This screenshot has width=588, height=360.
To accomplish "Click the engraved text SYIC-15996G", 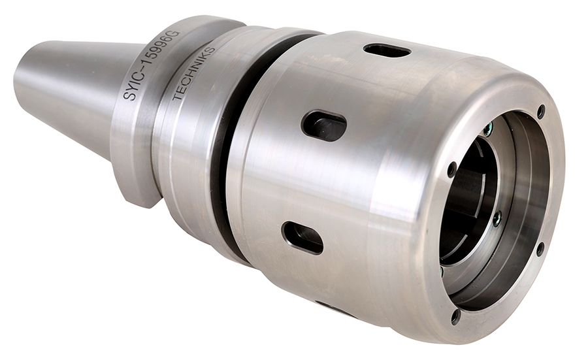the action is click(152, 65).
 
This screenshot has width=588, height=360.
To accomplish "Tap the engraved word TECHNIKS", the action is click(193, 74).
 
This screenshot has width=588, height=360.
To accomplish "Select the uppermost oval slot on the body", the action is click(387, 51).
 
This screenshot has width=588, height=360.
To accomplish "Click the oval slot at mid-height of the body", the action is click(324, 125).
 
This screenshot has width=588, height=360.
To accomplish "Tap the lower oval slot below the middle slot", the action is click(302, 238).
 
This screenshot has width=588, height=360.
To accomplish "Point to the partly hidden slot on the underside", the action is click(334, 306).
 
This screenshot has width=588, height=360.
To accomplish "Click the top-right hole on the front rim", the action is click(541, 110).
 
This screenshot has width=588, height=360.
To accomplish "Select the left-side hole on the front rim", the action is click(452, 169).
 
